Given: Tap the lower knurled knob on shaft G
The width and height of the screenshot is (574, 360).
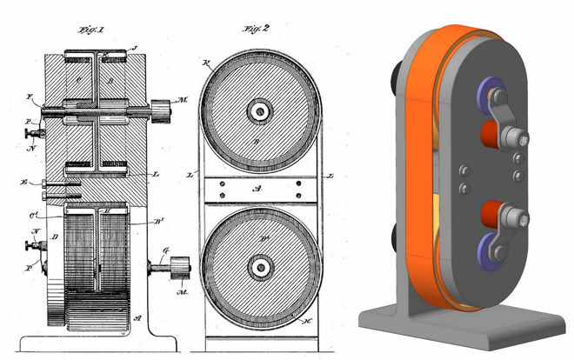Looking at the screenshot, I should tap(179, 271).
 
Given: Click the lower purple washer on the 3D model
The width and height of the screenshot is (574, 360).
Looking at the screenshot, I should tap(491, 253).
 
